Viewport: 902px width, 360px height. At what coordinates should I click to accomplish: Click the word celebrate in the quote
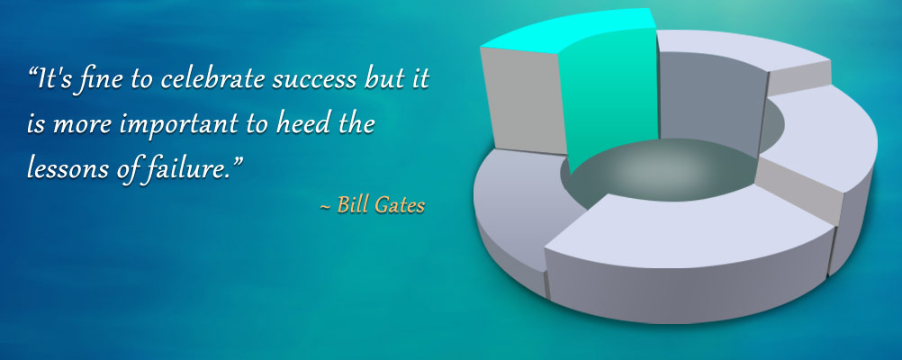(x=212, y=79)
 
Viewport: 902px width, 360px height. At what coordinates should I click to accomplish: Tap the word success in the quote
(x=314, y=81)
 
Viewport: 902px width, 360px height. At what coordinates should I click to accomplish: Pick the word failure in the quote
(x=184, y=168)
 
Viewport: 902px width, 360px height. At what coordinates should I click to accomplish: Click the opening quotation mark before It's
(x=32, y=74)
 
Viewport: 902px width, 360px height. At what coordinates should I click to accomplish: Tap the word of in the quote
(x=118, y=169)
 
